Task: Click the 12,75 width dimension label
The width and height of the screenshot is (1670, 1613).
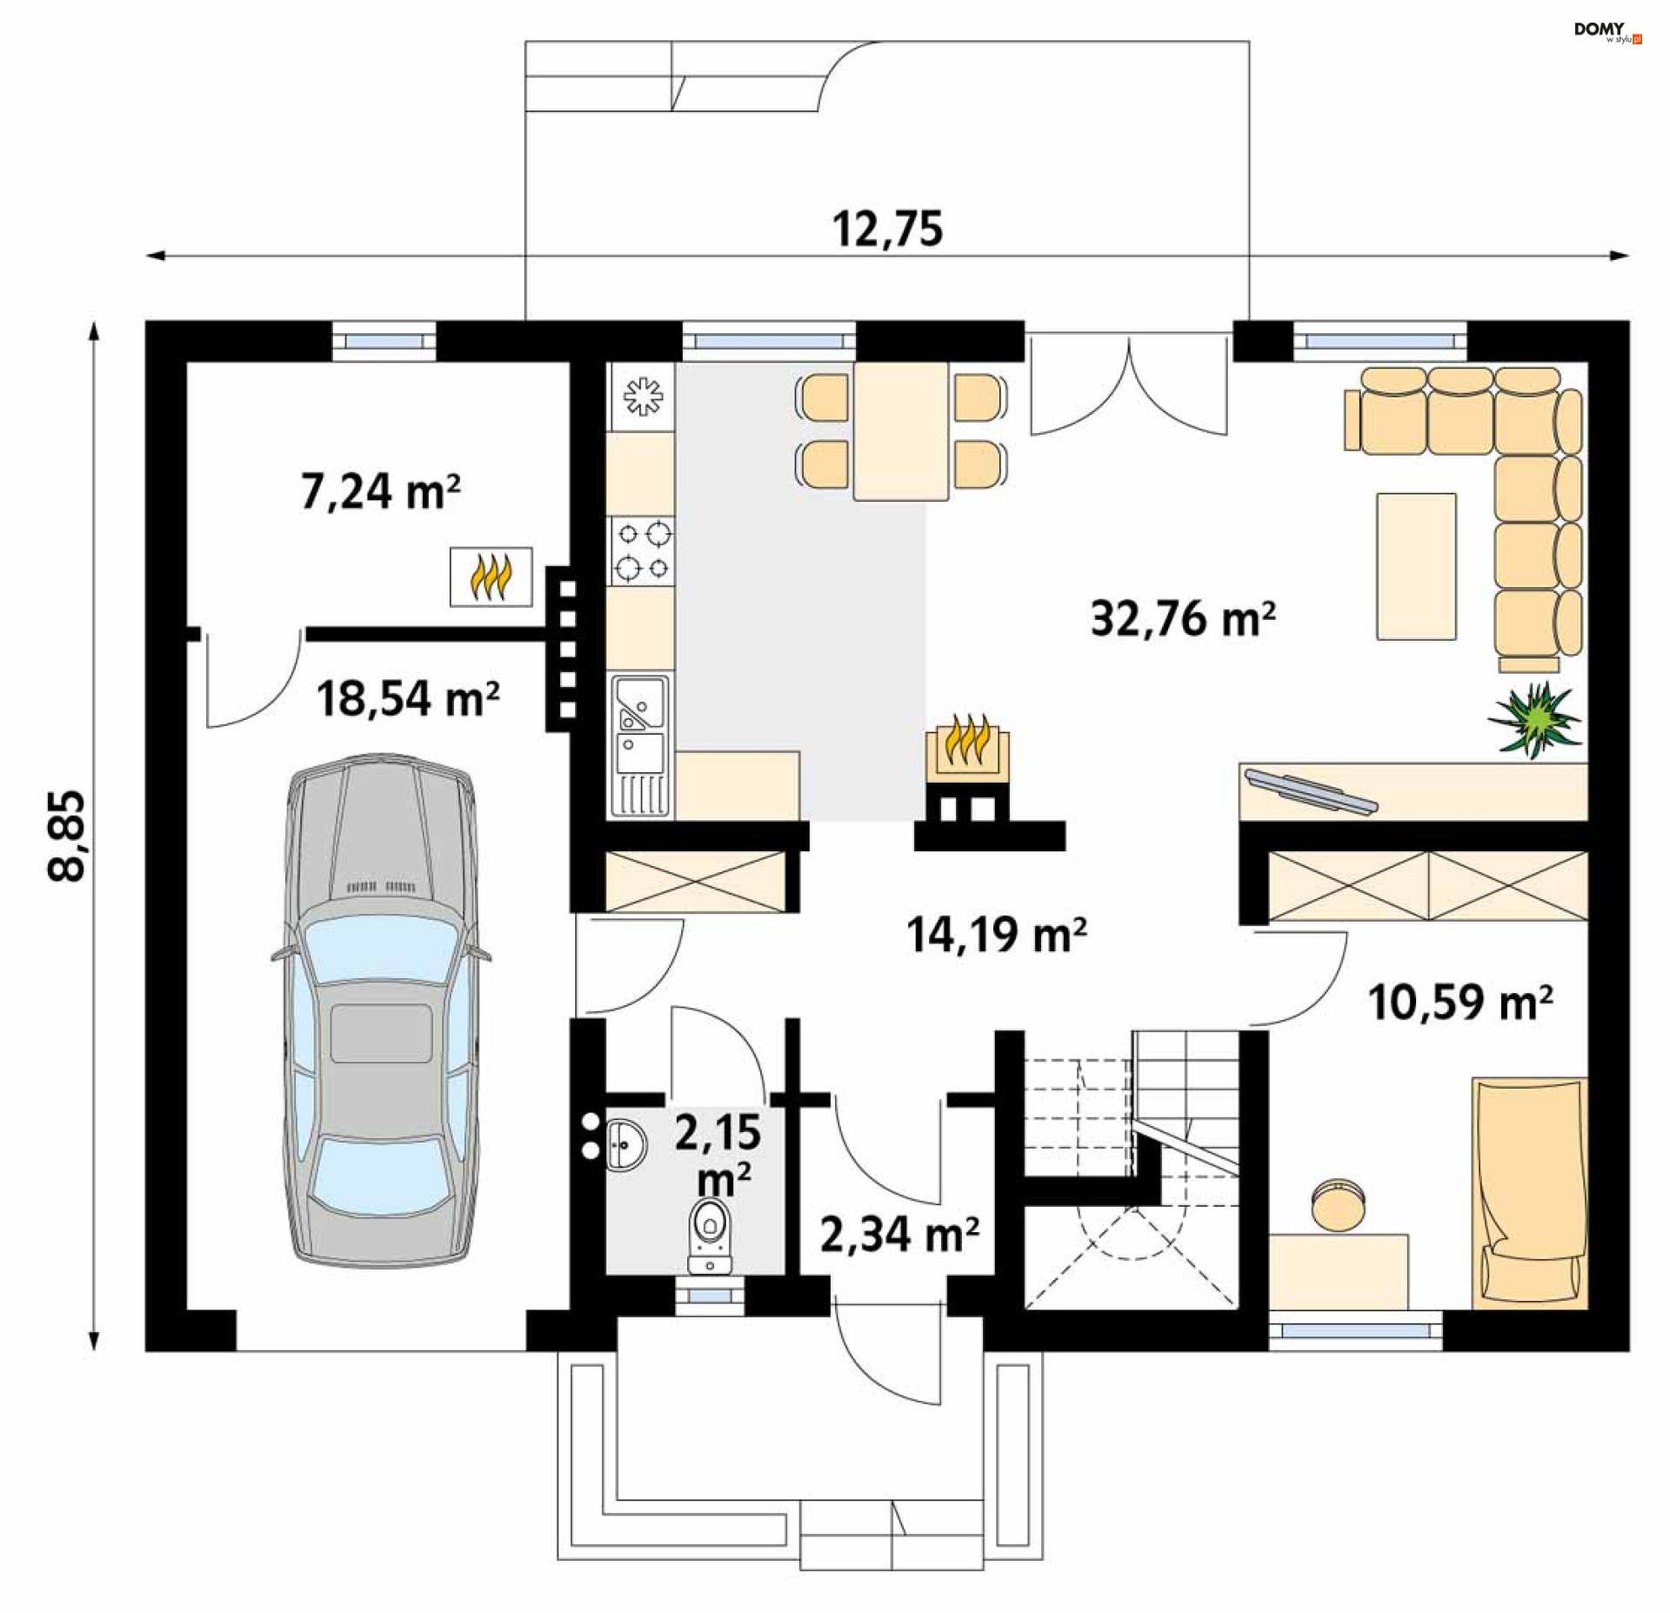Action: coord(887,229)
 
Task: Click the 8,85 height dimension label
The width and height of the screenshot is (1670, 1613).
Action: coord(67,836)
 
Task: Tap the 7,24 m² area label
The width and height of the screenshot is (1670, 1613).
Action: coord(380,491)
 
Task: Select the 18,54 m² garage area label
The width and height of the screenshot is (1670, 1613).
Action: coord(407,698)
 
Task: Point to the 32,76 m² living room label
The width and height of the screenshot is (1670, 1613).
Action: coord(1183,619)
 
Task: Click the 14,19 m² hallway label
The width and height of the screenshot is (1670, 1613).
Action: coord(996,935)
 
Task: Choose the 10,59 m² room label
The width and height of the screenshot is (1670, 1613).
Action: coord(1460,1002)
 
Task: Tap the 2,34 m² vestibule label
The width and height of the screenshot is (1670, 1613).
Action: coord(899,1234)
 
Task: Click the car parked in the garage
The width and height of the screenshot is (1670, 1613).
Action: coord(381,1011)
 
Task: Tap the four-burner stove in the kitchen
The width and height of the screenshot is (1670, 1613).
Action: coord(642,550)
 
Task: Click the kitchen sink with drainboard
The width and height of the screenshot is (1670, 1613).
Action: coord(641,745)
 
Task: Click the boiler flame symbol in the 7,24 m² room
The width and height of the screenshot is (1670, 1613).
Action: coord(491,577)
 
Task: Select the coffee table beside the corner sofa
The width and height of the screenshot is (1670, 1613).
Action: coord(1416,566)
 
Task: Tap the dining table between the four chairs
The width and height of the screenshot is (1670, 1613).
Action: coord(900,431)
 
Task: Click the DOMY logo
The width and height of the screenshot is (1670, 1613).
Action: coord(1607,31)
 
